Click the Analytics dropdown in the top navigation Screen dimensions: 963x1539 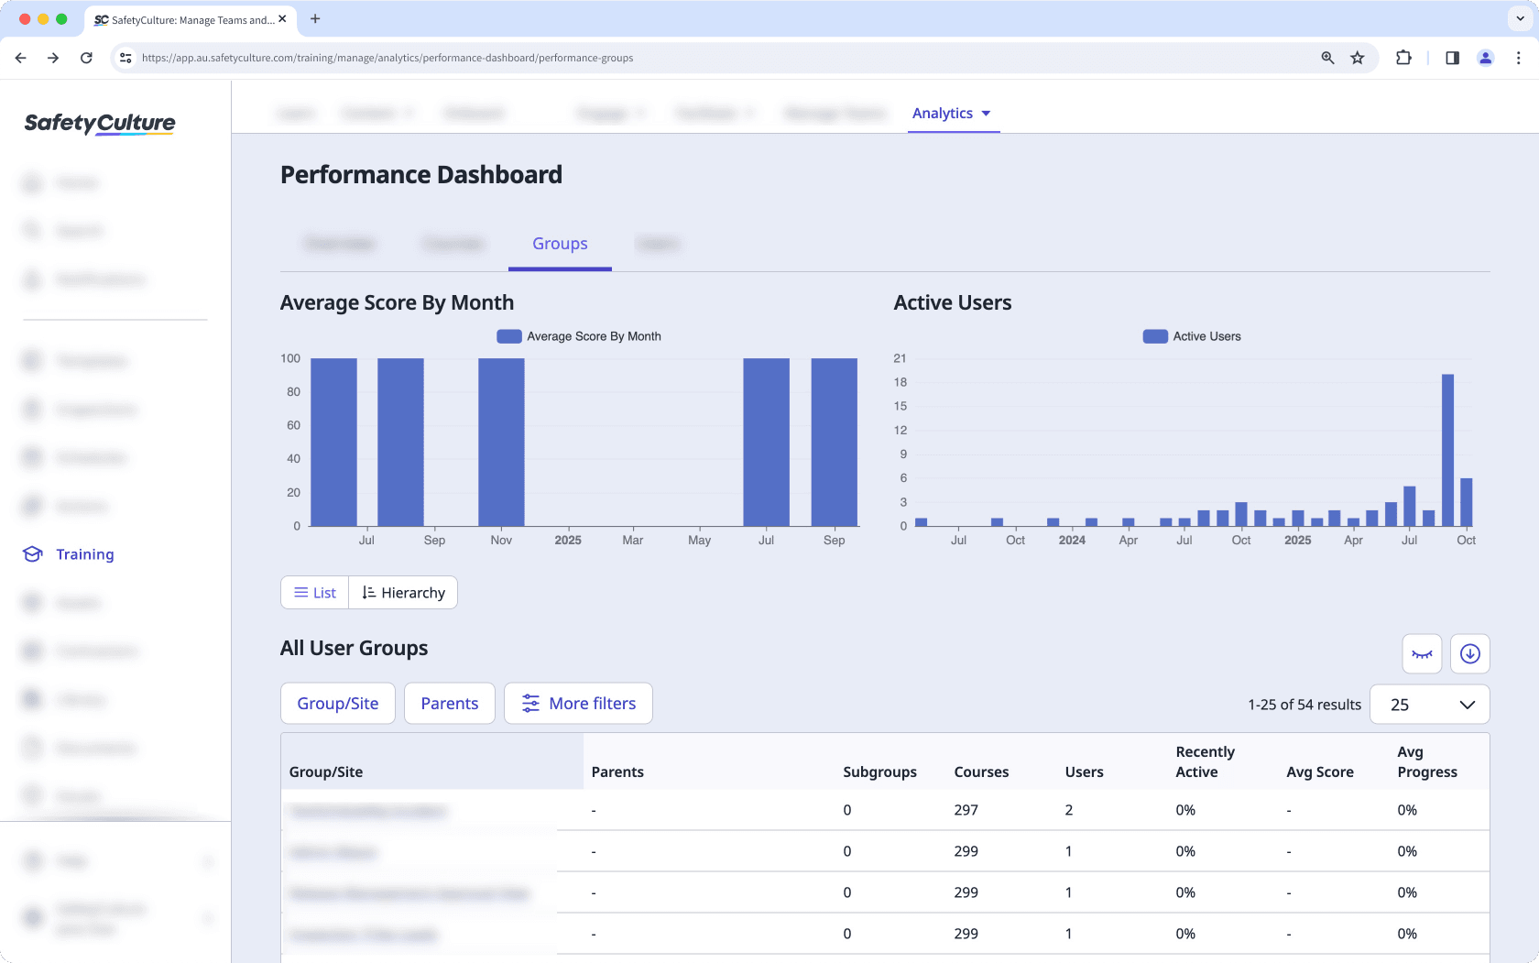(951, 114)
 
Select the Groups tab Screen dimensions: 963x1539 (560, 244)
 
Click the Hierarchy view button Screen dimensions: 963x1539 (403, 593)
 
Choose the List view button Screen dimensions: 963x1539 (315, 593)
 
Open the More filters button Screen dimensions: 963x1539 (578, 704)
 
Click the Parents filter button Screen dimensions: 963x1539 (449, 704)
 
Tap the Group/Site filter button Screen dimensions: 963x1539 (337, 704)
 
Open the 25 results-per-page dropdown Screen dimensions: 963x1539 (1429, 705)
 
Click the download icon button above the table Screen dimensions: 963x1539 (1469, 654)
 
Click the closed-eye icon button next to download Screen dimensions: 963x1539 (1422, 654)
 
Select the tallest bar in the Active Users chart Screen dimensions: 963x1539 (1447, 449)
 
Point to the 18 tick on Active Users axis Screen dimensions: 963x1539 (900, 382)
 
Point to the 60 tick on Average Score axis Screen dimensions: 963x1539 (293, 425)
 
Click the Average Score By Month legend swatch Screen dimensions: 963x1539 (508, 336)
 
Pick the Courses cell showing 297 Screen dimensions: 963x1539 (966, 810)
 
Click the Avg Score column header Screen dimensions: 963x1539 (1319, 771)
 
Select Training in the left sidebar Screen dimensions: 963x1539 (84, 554)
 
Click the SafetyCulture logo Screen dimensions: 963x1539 (100, 123)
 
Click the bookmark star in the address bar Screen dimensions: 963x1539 (1358, 58)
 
